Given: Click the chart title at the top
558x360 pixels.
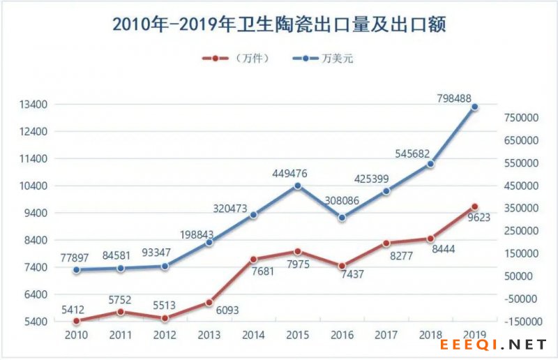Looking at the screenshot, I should point(279,24).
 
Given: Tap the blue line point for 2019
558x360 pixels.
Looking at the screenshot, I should point(474,107).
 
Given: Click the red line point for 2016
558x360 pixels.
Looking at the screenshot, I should point(342,266).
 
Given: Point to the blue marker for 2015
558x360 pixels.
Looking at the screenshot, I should point(297,186).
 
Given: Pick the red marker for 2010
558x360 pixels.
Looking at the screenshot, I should point(75,321).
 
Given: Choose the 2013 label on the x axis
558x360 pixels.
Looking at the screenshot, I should point(209,335).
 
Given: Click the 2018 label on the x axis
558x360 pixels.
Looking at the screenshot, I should point(430,335).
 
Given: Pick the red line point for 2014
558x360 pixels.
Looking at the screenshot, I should point(253,260).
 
